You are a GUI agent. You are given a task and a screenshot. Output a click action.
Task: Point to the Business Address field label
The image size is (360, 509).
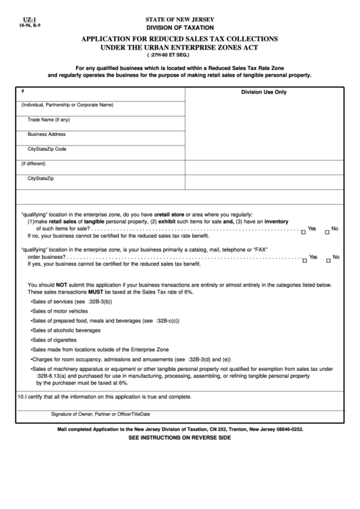click(x=47, y=134)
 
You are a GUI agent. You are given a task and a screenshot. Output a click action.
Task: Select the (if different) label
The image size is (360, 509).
click(x=33, y=164)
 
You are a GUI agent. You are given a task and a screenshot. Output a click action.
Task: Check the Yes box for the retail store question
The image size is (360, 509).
click(x=304, y=232)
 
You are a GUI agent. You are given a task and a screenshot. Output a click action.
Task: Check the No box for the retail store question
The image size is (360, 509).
click(x=327, y=232)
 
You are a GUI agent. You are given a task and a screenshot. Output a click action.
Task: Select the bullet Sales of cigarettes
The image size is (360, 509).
click(x=56, y=339)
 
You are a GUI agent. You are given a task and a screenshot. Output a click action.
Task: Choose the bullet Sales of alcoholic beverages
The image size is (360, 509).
click(x=65, y=330)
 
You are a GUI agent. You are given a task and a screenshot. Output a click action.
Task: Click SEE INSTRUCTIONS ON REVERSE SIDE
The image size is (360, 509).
click(x=179, y=438)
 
